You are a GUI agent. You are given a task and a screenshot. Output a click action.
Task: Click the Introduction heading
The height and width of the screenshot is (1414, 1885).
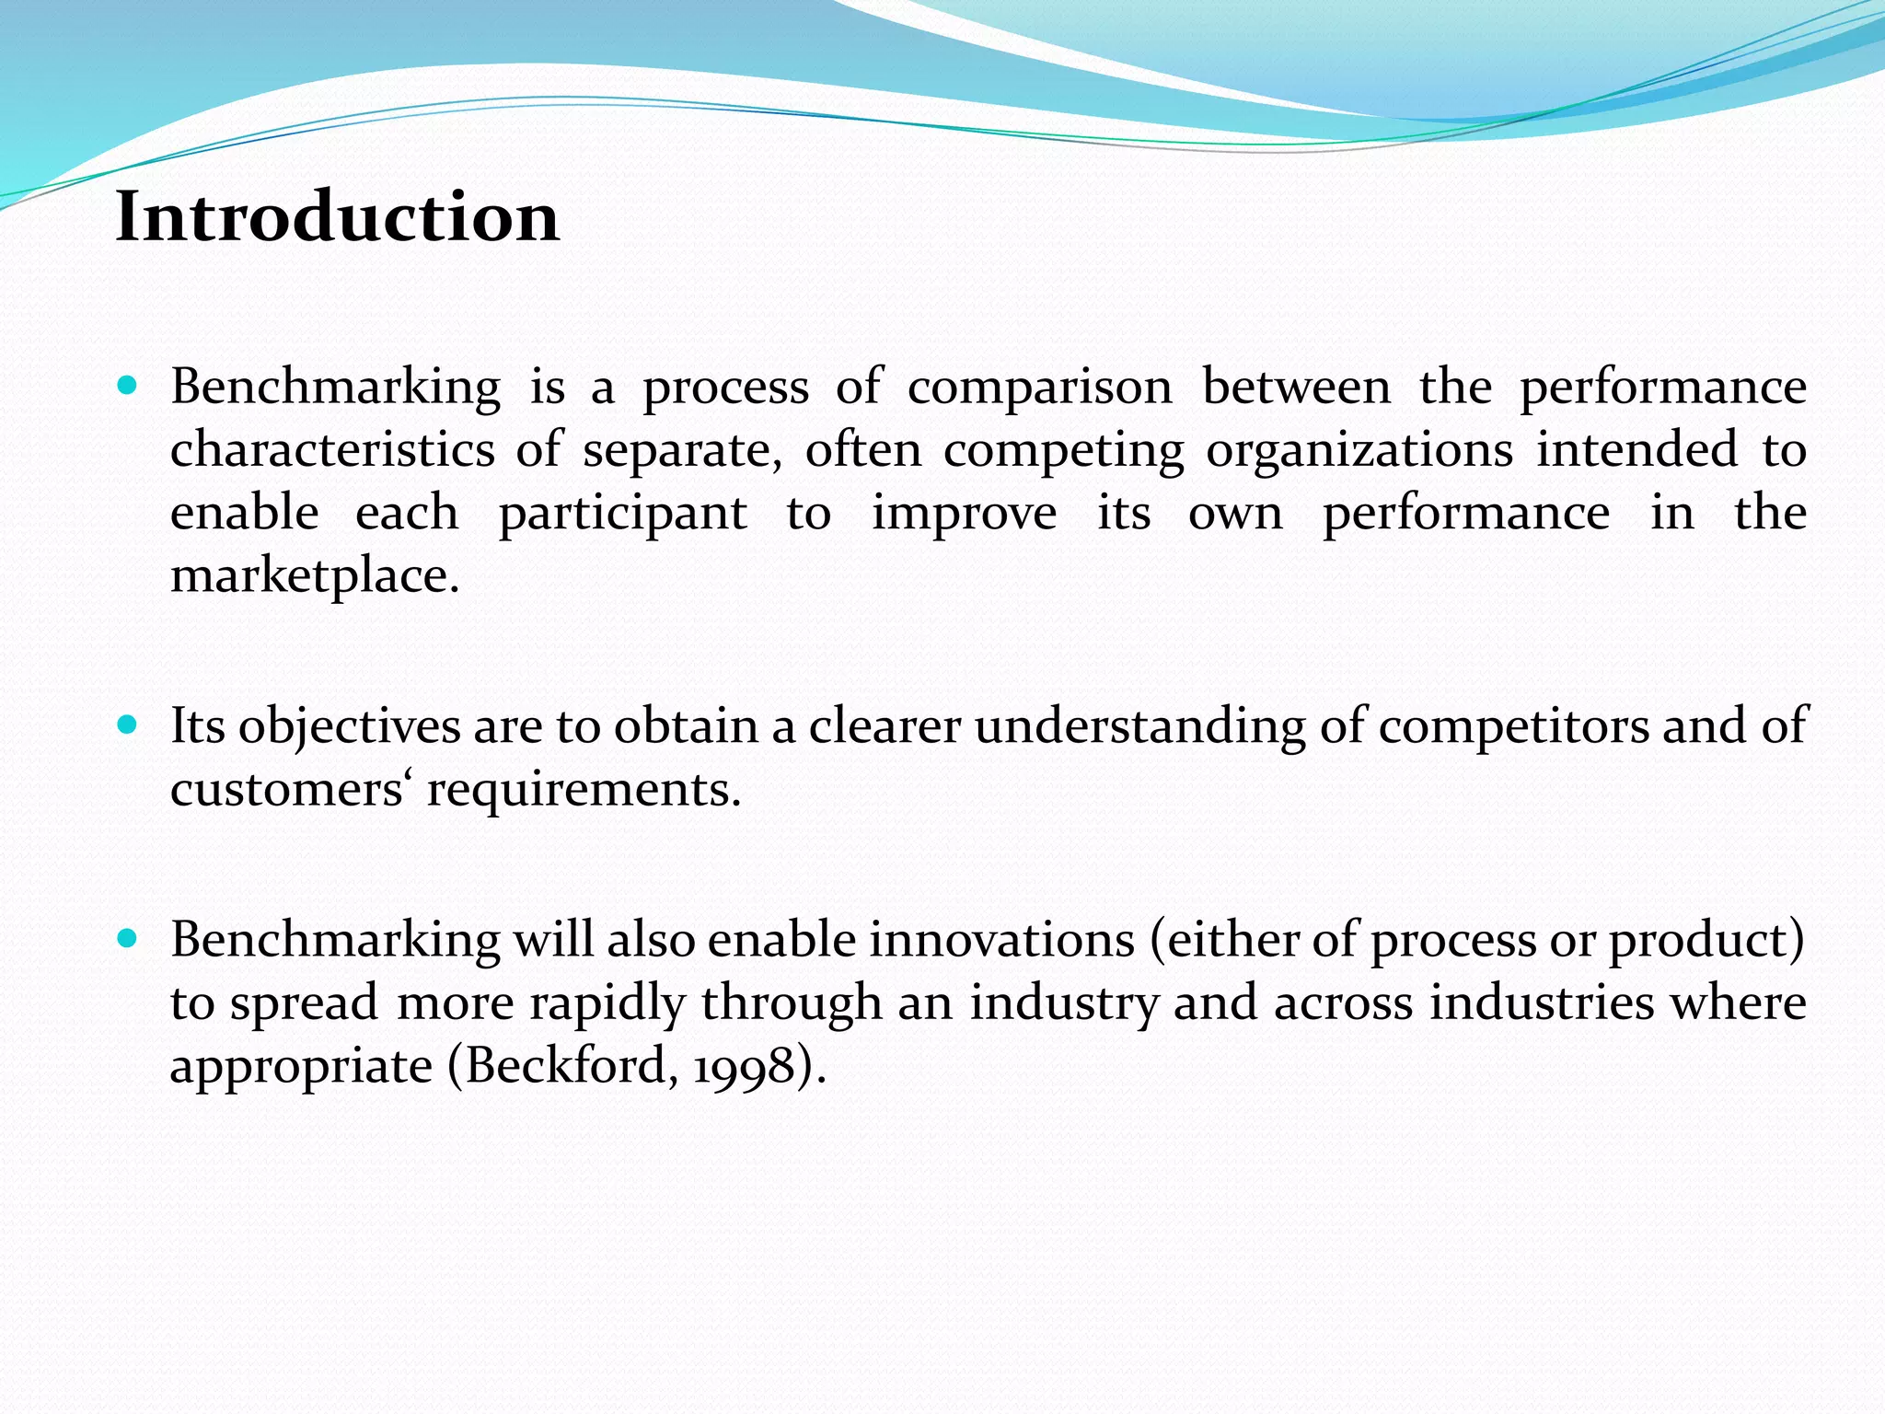[337, 217]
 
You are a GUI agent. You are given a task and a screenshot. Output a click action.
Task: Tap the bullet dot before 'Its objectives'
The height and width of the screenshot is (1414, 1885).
[128, 725]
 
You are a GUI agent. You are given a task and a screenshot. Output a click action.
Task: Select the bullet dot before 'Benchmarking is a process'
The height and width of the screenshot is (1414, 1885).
[128, 386]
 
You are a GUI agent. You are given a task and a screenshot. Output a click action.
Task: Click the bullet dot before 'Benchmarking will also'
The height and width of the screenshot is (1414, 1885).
[128, 939]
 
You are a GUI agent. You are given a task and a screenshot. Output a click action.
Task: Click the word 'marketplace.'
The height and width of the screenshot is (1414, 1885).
[315, 577]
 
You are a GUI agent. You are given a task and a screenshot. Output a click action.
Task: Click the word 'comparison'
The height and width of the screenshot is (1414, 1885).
[1039, 388]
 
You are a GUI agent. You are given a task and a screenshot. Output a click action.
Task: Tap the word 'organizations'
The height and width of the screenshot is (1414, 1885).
[1359, 451]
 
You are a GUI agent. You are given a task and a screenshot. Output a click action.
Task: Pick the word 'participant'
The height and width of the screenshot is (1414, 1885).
[622, 514]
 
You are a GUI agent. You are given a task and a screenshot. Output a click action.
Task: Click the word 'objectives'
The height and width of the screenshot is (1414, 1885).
[349, 727]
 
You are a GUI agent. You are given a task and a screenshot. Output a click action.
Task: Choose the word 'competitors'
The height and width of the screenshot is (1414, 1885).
[1513, 727]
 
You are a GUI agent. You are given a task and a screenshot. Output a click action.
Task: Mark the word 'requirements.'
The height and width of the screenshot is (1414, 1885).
[584, 790]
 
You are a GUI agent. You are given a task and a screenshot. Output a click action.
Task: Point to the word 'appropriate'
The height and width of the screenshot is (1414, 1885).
[301, 1068]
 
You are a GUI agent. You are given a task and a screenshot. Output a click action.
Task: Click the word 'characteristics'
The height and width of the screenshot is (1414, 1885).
[332, 451]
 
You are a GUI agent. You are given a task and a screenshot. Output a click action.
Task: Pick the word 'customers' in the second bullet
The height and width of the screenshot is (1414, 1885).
[286, 790]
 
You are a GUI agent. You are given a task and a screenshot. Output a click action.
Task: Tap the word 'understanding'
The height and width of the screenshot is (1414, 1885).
[1139, 727]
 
